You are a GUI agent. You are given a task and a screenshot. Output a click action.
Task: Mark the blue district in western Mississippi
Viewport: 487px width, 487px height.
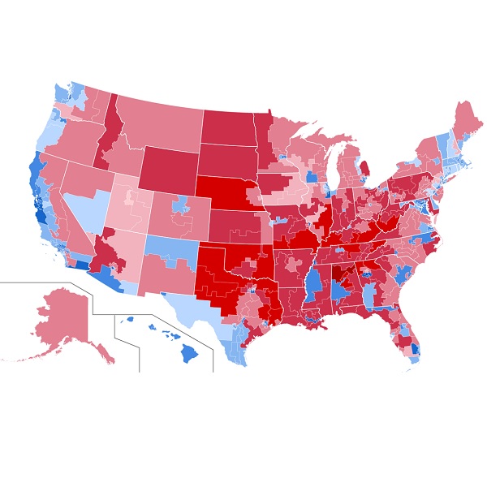[x=312, y=284]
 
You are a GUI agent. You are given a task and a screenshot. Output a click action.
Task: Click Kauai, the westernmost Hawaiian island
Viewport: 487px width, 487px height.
[x=128, y=319]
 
